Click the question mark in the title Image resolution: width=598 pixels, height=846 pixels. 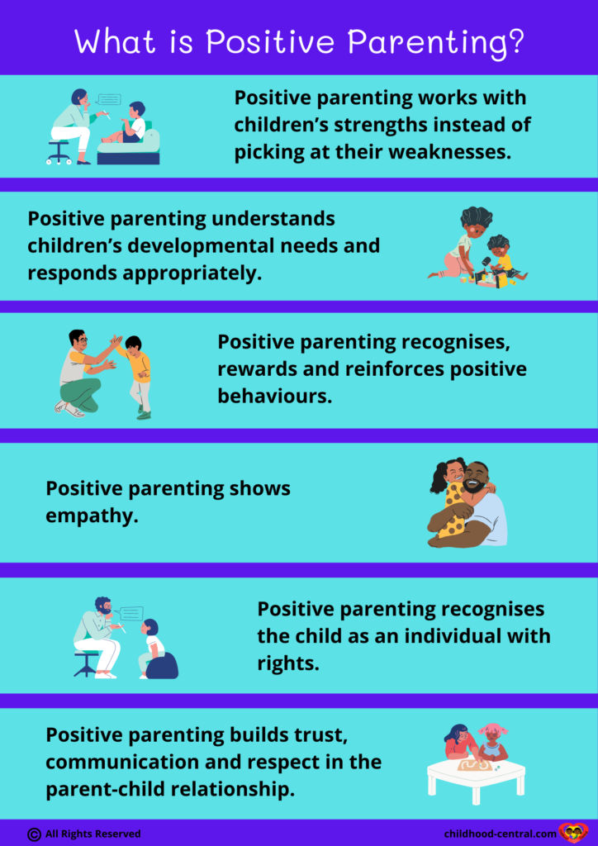click(515, 41)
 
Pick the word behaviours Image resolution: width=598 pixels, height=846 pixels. click(274, 396)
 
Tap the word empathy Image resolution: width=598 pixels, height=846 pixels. click(92, 516)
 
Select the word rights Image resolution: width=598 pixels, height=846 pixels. click(288, 663)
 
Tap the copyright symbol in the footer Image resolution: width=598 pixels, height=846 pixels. click(34, 834)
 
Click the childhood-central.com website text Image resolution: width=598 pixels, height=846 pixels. click(501, 834)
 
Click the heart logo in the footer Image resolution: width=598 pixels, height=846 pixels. click(572, 834)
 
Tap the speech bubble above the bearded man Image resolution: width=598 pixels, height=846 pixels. click(130, 614)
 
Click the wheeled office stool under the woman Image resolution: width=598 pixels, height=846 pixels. click(59, 152)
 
